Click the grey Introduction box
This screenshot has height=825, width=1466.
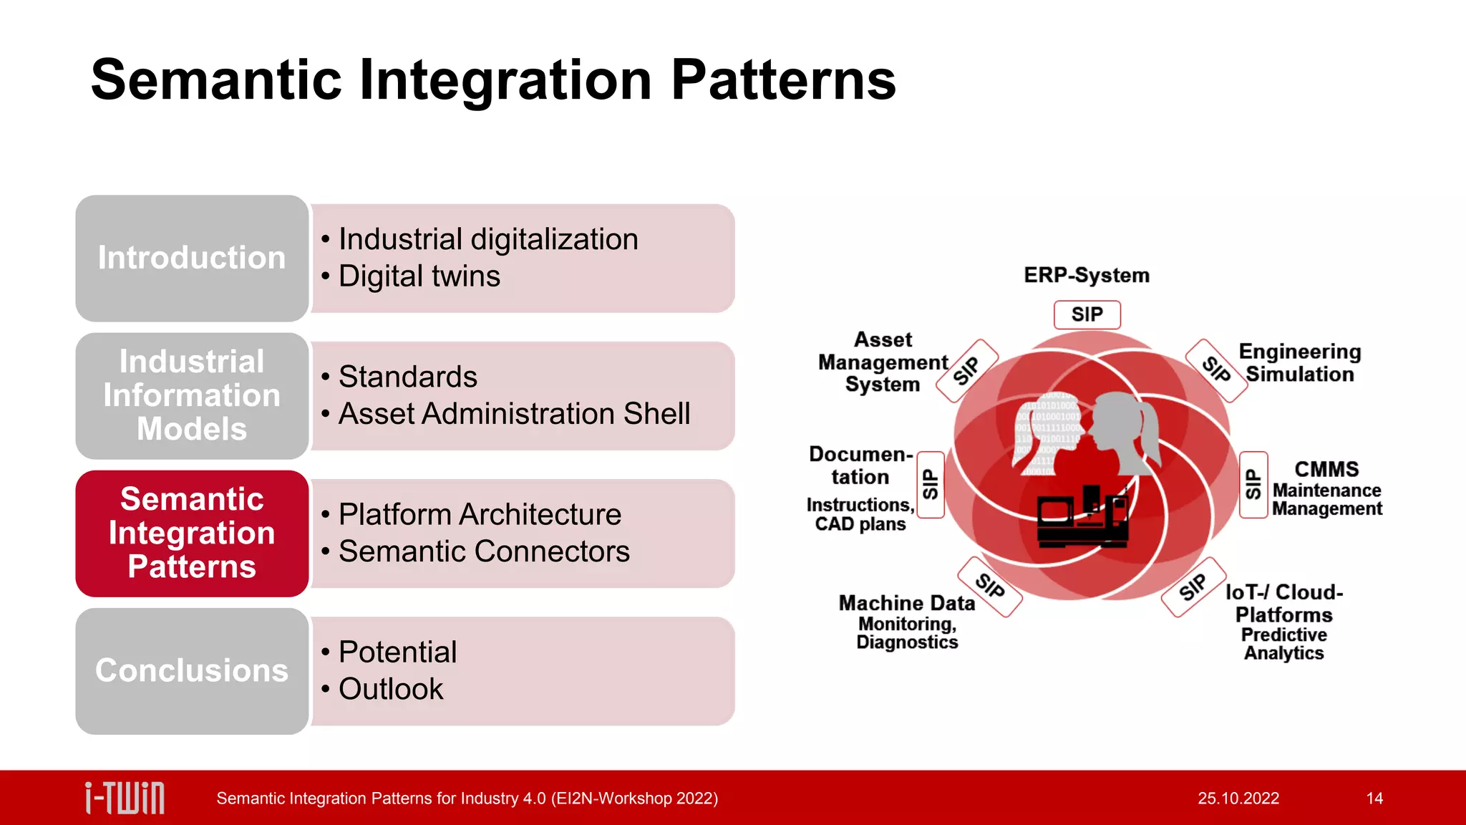pyautogui.click(x=192, y=258)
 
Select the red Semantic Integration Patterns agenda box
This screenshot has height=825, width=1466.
pyautogui.click(x=192, y=533)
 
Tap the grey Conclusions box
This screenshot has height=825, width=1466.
pyautogui.click(x=192, y=670)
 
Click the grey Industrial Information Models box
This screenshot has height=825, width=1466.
pyautogui.click(x=192, y=395)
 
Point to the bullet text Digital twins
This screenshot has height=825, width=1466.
pyautogui.click(x=419, y=276)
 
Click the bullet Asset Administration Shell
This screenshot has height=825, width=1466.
pyautogui.click(x=514, y=414)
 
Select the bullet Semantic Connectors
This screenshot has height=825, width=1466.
pyautogui.click(x=484, y=551)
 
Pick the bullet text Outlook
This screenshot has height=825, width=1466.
pyautogui.click(x=391, y=689)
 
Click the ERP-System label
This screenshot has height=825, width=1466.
pyautogui.click(x=1086, y=275)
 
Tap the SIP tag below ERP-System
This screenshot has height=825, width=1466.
pyautogui.click(x=1087, y=314)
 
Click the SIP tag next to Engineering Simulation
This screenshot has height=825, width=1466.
pyautogui.click(x=1216, y=370)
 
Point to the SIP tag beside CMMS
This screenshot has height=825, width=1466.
pyautogui.click(x=1253, y=485)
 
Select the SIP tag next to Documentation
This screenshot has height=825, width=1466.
pyautogui.click(x=930, y=485)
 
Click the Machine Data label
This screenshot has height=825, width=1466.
pyautogui.click(x=906, y=603)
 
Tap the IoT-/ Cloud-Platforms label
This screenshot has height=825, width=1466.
pyautogui.click(x=1284, y=603)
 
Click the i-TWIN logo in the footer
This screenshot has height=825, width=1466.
pyautogui.click(x=125, y=798)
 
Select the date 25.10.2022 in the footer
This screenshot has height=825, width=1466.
pyautogui.click(x=1238, y=799)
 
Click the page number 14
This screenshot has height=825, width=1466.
pyautogui.click(x=1374, y=799)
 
